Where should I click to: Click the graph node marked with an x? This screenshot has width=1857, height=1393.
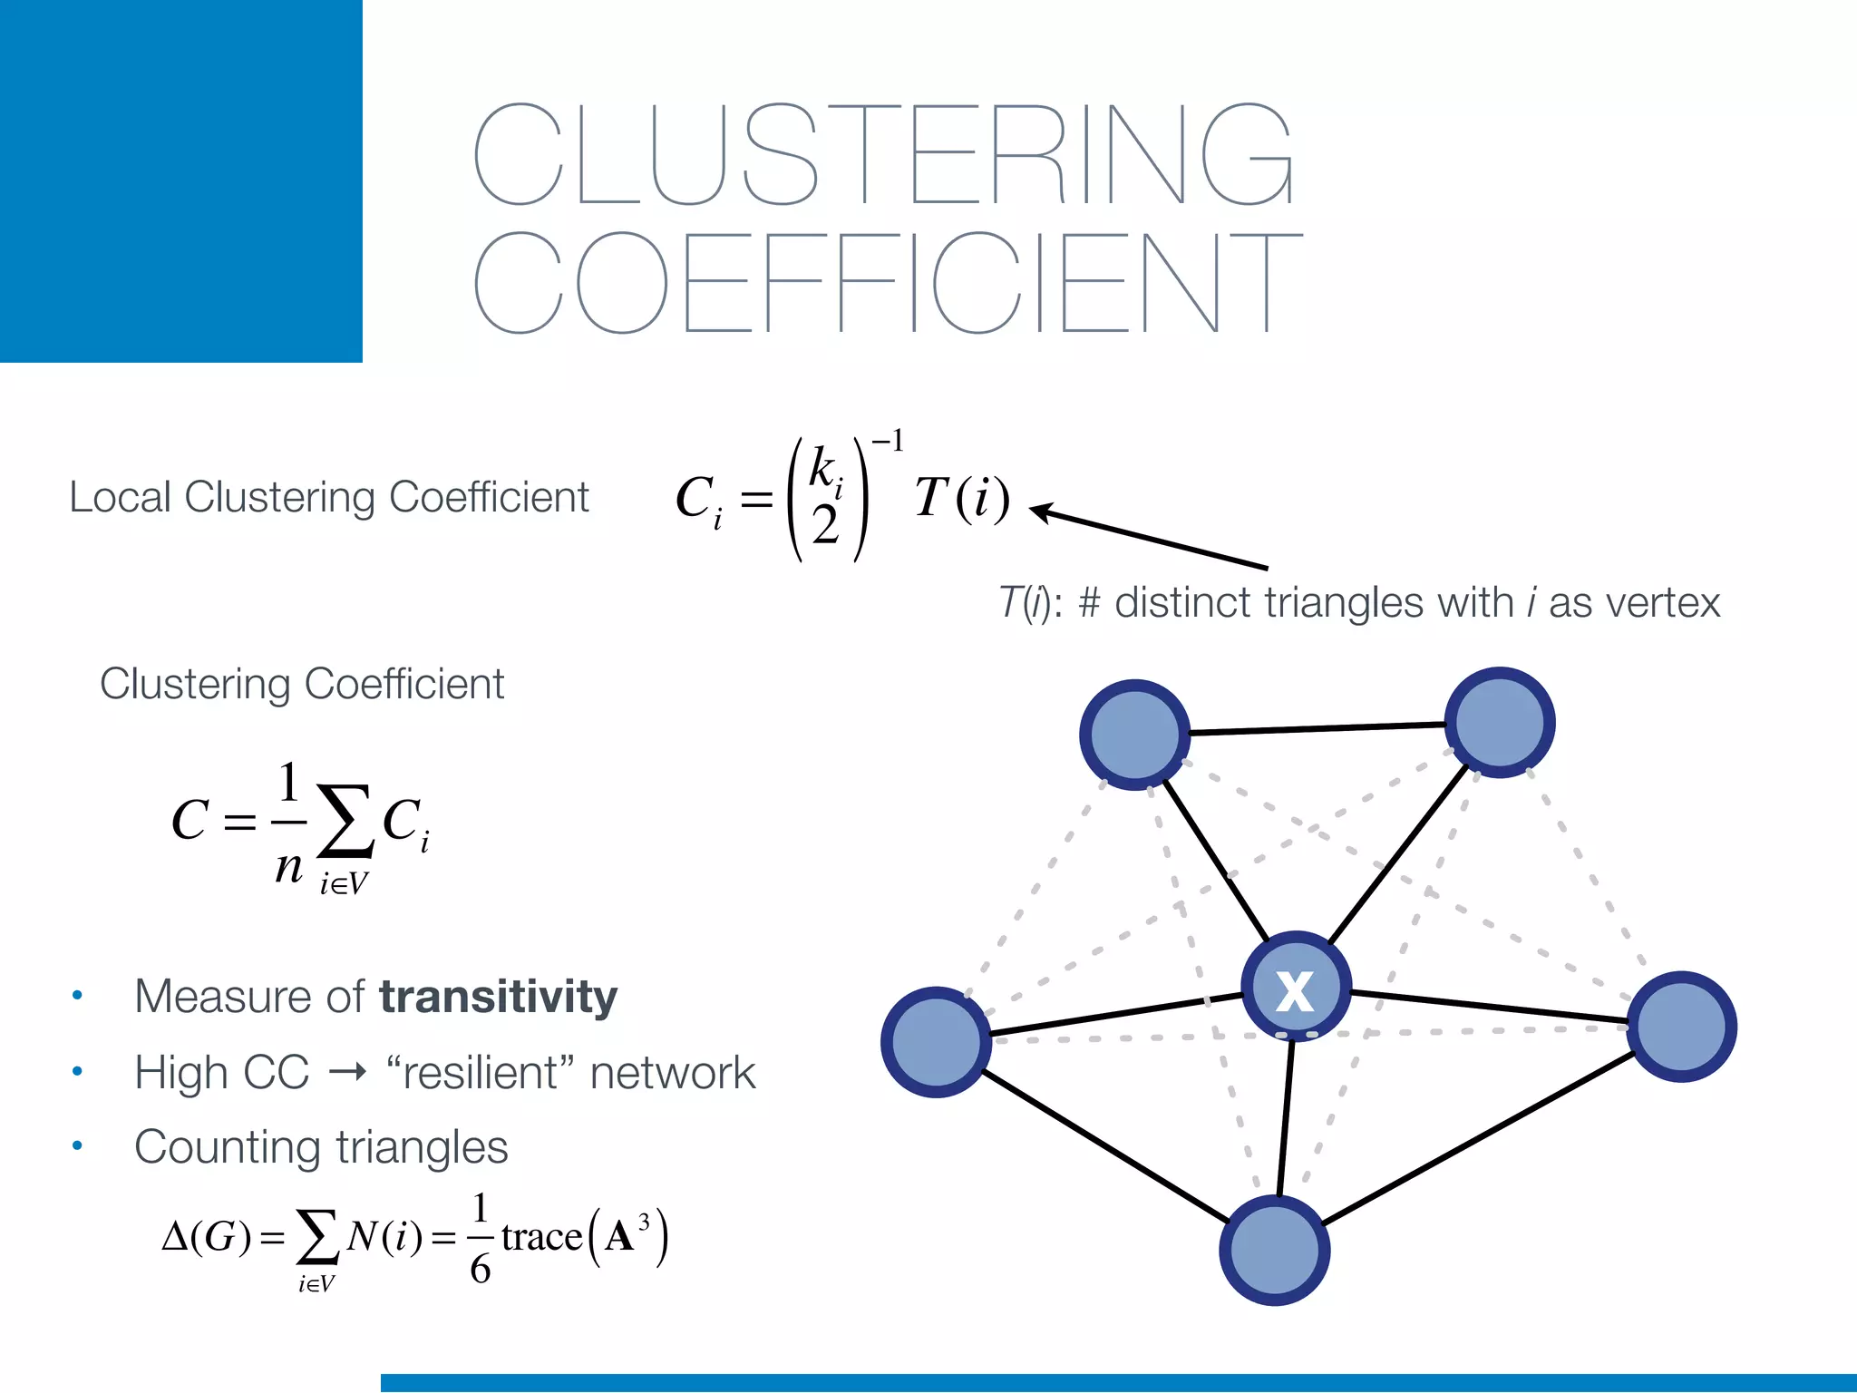tap(1296, 986)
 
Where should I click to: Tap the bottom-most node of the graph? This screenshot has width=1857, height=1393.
tap(1274, 1251)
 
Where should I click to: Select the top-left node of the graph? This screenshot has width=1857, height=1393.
tap(1134, 735)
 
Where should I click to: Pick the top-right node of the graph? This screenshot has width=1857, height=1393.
tap(1499, 723)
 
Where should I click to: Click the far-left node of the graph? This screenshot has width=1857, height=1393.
tap(936, 1042)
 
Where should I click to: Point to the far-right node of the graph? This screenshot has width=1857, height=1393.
tap(1682, 1027)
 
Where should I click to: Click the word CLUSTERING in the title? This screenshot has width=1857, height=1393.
tap(884, 154)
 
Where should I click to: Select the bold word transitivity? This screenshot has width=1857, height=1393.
tap(498, 996)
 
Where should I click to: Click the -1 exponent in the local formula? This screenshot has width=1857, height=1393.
tap(889, 442)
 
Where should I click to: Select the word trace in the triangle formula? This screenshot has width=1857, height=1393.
tap(541, 1236)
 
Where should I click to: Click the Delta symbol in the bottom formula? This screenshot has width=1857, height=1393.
tap(174, 1236)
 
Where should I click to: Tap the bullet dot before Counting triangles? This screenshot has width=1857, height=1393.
tap(78, 1146)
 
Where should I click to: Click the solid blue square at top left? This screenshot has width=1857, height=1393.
tap(181, 181)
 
